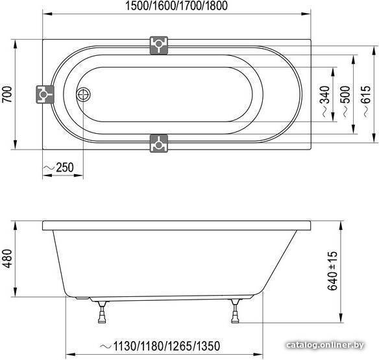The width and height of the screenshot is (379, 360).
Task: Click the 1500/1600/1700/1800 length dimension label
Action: click(177, 6)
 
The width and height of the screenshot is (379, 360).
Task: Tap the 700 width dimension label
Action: click(7, 94)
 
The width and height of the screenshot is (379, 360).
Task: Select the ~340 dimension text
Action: click(326, 101)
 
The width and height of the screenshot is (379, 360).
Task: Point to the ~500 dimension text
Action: click(347, 101)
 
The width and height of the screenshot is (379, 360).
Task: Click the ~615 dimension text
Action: click(367, 101)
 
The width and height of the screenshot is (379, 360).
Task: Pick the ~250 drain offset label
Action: click(58, 167)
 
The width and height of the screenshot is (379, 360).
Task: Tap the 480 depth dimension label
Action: click(7, 259)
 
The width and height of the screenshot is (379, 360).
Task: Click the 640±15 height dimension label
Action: click(332, 271)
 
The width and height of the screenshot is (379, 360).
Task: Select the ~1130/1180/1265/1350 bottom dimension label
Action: click(160, 346)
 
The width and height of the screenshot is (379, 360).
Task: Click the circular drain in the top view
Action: click(83, 94)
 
